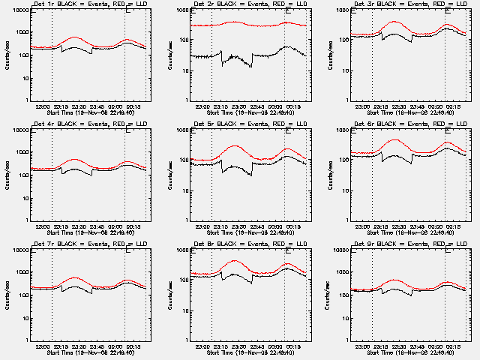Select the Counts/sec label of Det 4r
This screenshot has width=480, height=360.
pyautogui.click(x=8, y=174)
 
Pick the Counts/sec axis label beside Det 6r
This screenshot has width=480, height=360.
pyautogui.click(x=328, y=174)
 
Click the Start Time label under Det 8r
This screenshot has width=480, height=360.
pyautogui.click(x=250, y=352)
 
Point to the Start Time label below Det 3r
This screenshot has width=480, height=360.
pyautogui.click(x=410, y=112)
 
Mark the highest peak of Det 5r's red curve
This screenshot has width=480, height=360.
pyautogui.click(x=234, y=145)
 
